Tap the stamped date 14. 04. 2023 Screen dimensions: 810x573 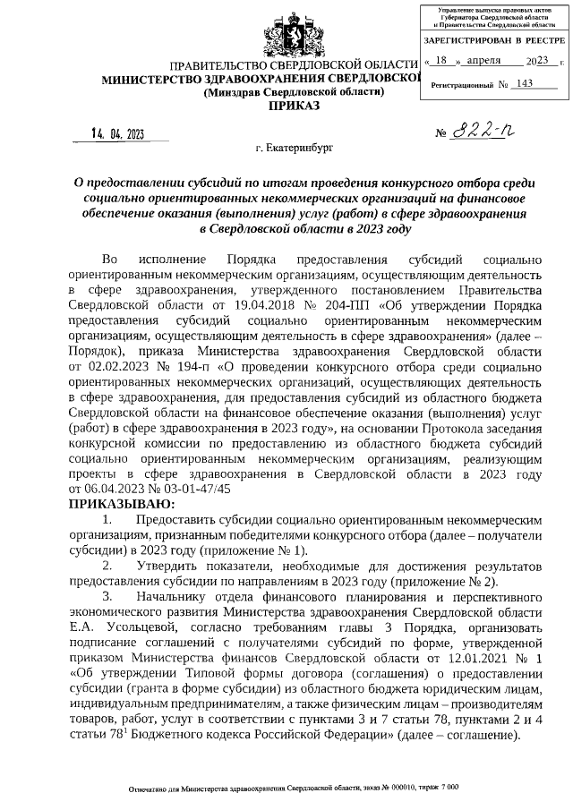(x=117, y=135)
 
